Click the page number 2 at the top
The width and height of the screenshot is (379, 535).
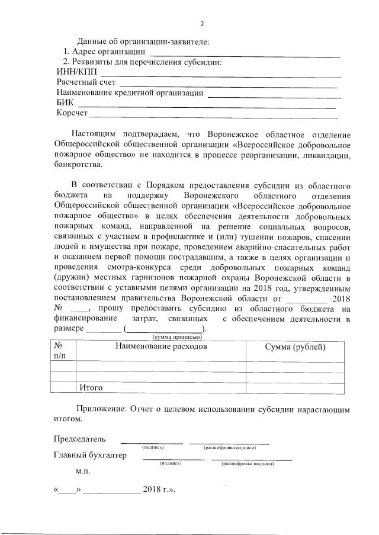pos(201,24)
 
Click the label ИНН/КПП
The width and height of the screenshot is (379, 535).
pos(75,72)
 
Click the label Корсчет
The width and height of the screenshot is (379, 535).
pos(72,113)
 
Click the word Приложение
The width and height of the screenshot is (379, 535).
pos(101,409)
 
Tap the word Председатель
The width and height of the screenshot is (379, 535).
pos(80,439)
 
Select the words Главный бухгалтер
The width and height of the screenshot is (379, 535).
pos(90,455)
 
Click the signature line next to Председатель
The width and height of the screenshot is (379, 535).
pos(152,442)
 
